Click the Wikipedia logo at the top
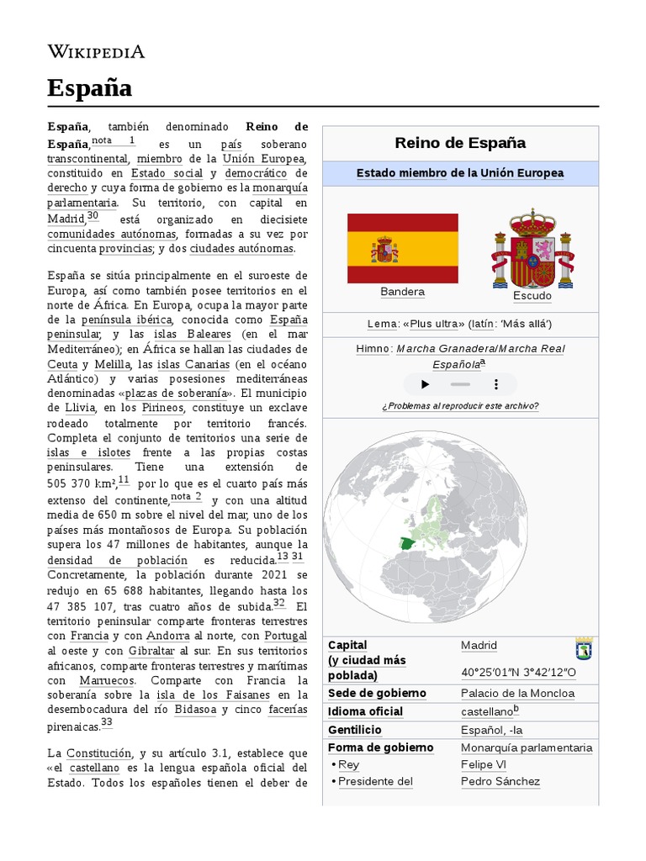tap(96, 52)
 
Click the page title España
tap(89, 87)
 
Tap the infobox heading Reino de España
tap(460, 142)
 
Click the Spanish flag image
tap(403, 248)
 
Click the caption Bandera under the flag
tap(402, 292)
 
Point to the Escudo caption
tap(532, 296)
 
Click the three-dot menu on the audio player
tap(496, 384)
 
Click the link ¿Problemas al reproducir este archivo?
tap(460, 406)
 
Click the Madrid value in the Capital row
tap(479, 646)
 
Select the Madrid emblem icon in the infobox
tap(584, 649)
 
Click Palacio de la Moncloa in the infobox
tap(517, 694)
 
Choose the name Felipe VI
tap(483, 764)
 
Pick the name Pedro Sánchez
tap(500, 781)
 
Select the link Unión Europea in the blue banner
tap(522, 173)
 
